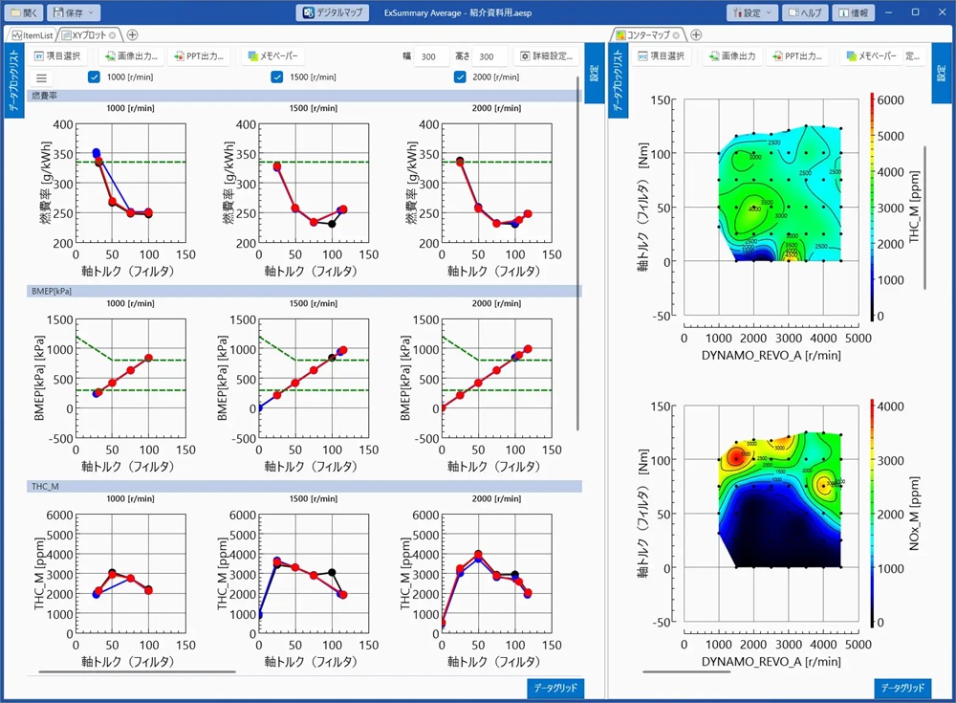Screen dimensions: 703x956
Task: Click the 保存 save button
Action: point(73,13)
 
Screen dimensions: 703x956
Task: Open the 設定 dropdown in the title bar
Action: point(751,13)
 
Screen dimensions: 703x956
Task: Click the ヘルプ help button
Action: point(805,13)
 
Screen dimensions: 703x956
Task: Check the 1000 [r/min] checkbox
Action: point(94,77)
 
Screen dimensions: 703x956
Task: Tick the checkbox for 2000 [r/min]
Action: point(459,77)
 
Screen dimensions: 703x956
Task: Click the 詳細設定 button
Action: point(546,56)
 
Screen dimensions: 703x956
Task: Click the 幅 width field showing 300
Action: point(429,56)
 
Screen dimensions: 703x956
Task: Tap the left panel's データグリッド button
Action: point(554,689)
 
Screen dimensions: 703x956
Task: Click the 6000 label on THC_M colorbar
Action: point(891,99)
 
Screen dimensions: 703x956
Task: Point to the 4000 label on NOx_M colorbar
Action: point(891,406)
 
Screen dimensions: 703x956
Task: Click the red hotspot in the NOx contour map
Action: point(735,457)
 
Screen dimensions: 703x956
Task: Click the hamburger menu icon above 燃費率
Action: point(42,78)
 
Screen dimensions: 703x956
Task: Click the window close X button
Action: point(939,13)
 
